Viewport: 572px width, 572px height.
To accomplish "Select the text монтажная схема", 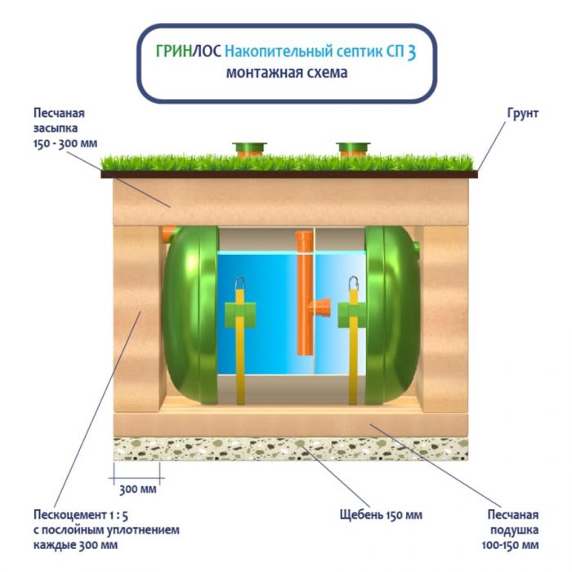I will click(287, 73).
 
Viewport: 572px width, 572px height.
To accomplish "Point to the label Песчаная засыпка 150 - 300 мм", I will click(65, 127).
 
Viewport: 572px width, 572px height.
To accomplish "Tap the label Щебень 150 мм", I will click(381, 515).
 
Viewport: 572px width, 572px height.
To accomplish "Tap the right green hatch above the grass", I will click(353, 149).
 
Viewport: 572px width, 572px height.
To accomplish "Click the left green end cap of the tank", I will click(190, 315).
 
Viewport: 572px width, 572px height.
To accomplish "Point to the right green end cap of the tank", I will click(391, 315).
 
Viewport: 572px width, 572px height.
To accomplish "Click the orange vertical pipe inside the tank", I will click(304, 294).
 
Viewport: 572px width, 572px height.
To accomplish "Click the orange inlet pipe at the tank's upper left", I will click(168, 235).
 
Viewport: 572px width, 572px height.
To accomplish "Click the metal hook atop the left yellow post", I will click(241, 285).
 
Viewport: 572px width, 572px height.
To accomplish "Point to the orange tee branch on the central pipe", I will click(320, 309).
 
